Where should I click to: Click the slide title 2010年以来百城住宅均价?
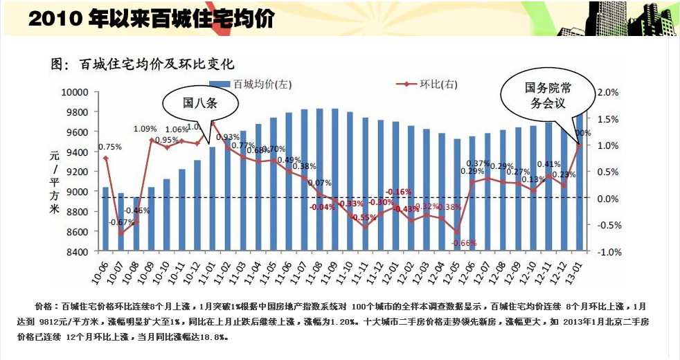(x=151, y=19)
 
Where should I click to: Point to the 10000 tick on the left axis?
(x=76, y=91)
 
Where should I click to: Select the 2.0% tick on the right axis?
(x=607, y=92)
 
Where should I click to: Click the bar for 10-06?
(x=105, y=218)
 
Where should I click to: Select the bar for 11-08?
(x=319, y=179)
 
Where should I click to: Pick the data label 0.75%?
(x=110, y=147)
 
